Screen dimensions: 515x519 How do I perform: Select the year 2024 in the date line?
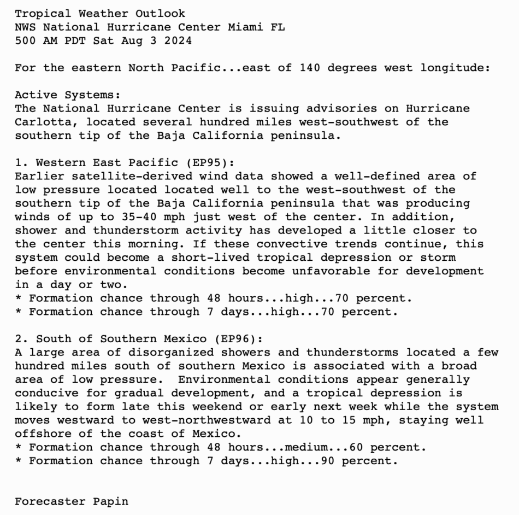click(178, 41)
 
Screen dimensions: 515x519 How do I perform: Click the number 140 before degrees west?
click(310, 68)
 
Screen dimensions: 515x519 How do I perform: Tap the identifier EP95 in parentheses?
click(210, 163)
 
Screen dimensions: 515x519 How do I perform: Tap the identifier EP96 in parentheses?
click(239, 339)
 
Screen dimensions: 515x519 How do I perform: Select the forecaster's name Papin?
click(110, 501)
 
